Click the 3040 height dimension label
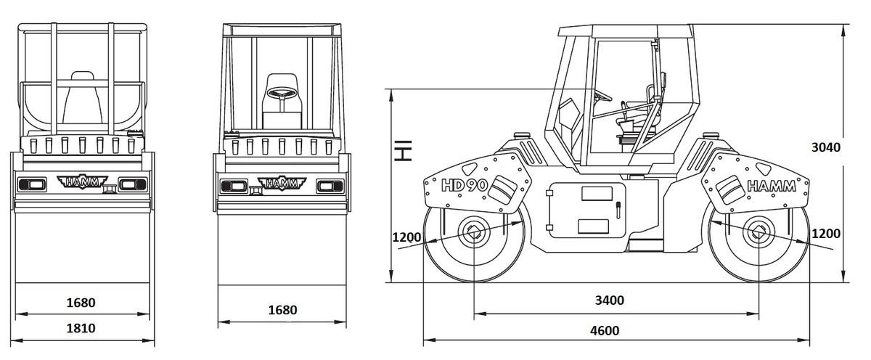[x=826, y=148]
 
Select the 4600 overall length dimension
[x=605, y=330]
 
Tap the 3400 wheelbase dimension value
[x=610, y=300]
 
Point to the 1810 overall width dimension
[x=81, y=329]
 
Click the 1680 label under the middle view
[x=282, y=310]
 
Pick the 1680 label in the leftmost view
[x=81, y=303]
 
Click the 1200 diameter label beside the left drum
[x=406, y=237]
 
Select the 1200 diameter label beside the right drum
[x=826, y=234]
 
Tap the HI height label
[x=404, y=150]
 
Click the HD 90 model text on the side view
[x=465, y=185]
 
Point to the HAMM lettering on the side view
[x=772, y=187]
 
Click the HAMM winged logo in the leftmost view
[x=83, y=181]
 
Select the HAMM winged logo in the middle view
[x=282, y=184]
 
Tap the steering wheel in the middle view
[x=282, y=94]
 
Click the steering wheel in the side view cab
[x=602, y=95]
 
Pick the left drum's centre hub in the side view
[x=474, y=232]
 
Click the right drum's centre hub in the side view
[x=758, y=232]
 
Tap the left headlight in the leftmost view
[x=32, y=184]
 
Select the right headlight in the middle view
[x=330, y=187]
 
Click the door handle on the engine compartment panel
[x=618, y=210]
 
